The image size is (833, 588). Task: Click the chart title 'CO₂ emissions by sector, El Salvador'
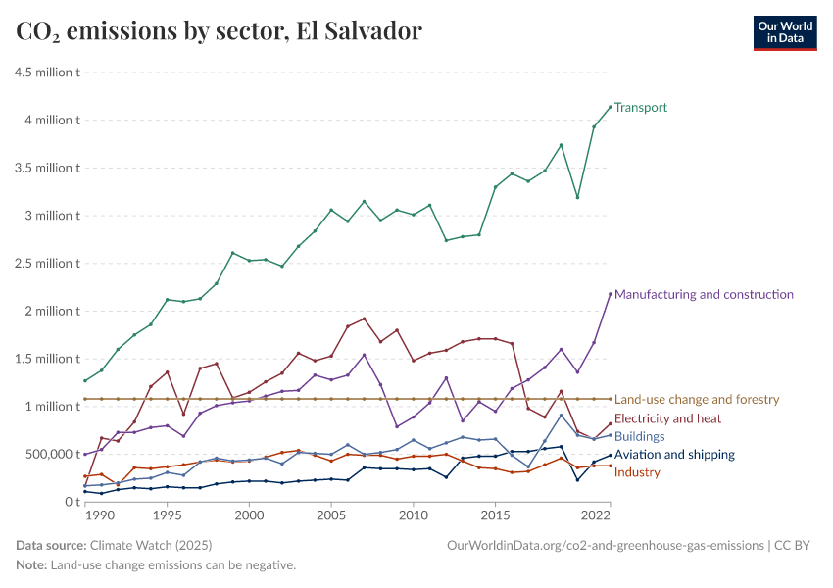pos(220,31)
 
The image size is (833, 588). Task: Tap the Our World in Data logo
pos(784,32)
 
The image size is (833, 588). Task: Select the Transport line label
pos(641,107)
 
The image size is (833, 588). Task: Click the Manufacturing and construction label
pos(704,294)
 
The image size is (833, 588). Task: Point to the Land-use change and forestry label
pos(697,399)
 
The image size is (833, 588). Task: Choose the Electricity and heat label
pos(667,418)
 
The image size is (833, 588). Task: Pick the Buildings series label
pos(640,436)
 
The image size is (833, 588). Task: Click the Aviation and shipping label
pos(674,455)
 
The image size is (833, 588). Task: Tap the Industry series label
pos(637,472)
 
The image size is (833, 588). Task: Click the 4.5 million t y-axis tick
pos(46,73)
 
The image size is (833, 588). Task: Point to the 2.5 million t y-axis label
pos(46,264)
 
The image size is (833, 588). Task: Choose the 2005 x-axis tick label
pos(331,514)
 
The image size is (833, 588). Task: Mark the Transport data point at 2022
pos(610,107)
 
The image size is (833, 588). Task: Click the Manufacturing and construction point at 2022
pos(610,294)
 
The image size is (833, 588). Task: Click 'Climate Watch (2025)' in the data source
pos(150,545)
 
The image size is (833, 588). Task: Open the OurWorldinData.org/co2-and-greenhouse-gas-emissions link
pos(604,545)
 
